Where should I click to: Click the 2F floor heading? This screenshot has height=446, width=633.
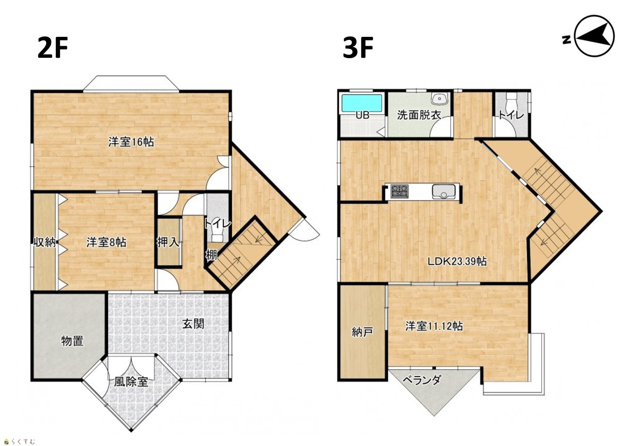52,48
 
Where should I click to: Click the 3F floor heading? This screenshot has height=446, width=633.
358,48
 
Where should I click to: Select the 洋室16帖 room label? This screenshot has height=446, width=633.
131,142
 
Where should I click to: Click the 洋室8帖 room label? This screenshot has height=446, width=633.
106,242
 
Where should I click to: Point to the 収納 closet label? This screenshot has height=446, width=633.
45,242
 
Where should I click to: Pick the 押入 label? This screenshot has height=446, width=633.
168,242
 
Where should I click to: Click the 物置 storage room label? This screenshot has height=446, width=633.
73,341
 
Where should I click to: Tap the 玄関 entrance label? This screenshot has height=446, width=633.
193,324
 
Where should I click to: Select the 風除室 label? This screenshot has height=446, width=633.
131,382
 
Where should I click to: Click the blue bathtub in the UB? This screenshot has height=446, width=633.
362,103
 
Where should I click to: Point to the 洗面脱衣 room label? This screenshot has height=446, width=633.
419,115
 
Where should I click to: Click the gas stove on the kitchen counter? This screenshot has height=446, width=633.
399,191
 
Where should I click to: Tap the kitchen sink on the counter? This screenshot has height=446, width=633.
444,191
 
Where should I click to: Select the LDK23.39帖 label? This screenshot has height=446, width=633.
457,261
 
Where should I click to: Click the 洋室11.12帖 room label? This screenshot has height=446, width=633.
434,326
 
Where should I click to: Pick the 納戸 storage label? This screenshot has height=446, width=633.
362,332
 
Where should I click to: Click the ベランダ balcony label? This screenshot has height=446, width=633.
421,380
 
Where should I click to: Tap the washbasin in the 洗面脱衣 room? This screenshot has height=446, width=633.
439,98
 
